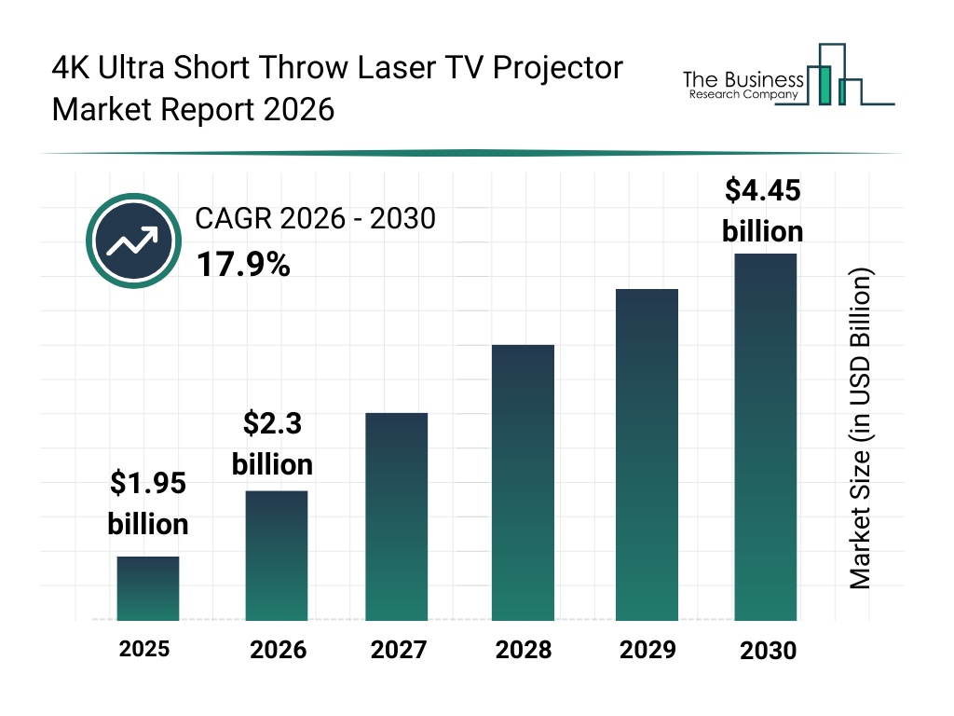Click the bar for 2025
148,588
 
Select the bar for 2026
277,556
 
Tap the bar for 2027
397,516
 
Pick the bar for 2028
523,483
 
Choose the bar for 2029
647,455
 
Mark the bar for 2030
766,436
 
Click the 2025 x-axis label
144,648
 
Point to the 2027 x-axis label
399,649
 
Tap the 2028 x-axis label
523,649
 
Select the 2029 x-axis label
647,649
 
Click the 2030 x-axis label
769,650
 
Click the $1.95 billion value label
148,503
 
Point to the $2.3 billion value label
272,443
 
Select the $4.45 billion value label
762,211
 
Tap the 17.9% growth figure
243,266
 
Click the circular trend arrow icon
131,241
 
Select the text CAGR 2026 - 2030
315,219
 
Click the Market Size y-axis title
860,429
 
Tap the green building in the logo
822,84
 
